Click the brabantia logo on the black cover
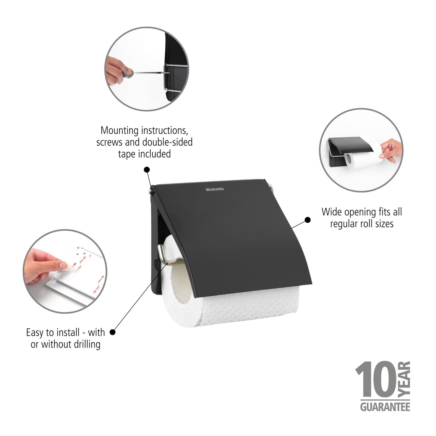pos(215,189)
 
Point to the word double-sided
pos(167,142)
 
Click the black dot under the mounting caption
pos(147,170)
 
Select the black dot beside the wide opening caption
pos(307,220)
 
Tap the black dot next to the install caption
pos(113,332)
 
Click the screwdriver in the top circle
pos(145,72)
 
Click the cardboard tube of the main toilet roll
pos(180,279)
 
